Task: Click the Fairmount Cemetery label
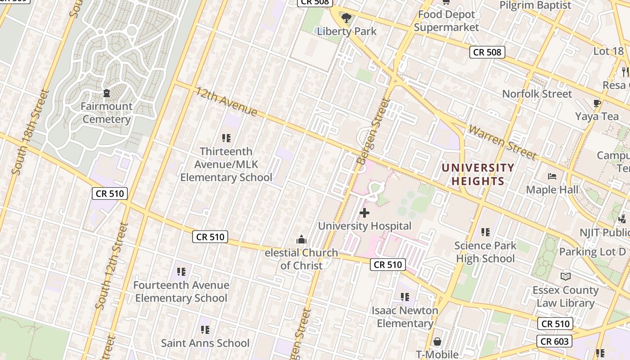click(107, 113)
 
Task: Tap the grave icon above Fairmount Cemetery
click(107, 94)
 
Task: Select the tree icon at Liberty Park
click(346, 18)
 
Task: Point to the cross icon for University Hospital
click(364, 213)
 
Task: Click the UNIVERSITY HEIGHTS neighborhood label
click(477, 175)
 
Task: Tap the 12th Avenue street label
click(226, 101)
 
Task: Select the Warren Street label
click(503, 142)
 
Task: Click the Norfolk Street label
click(537, 94)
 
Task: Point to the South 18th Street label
click(30, 132)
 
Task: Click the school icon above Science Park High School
click(485, 232)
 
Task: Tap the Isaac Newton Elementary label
click(405, 317)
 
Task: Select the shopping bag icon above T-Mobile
click(436, 342)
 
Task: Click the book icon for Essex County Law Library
click(566, 276)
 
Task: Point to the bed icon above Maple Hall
click(552, 176)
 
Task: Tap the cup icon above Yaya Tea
click(597, 103)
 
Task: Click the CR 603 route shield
click(554, 342)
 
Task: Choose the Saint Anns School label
click(205, 343)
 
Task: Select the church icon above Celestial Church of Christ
click(301, 239)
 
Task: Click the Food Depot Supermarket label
click(446, 21)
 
